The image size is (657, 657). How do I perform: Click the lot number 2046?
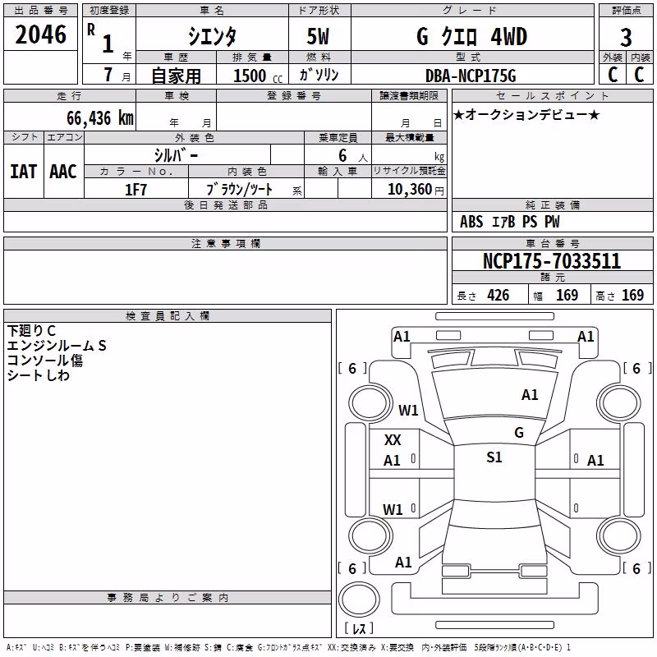[x=40, y=34]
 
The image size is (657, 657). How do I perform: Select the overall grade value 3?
[x=626, y=37]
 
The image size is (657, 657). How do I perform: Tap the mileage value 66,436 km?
[x=100, y=118]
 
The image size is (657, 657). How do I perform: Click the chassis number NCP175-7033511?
[x=552, y=260]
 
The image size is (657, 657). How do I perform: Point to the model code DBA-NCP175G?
[x=471, y=76]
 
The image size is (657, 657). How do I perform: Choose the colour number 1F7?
[x=136, y=190]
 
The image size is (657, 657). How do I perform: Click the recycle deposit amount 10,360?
[x=409, y=190]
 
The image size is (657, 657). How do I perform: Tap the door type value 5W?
[x=318, y=36]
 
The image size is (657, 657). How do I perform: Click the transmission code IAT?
[x=24, y=172]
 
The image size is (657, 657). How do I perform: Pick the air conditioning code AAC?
[x=63, y=172]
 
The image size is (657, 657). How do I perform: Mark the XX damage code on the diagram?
[x=393, y=440]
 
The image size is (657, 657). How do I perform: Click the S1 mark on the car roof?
[x=494, y=457]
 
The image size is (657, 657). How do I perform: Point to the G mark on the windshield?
[x=519, y=433]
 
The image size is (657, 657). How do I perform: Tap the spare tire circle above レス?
[x=359, y=599]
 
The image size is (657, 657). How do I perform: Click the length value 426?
[x=498, y=296]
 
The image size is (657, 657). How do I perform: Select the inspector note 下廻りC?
[x=31, y=331]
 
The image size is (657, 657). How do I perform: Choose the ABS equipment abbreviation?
[x=471, y=222]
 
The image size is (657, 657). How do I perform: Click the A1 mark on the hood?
[x=530, y=395]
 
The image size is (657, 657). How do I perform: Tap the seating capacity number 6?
[x=342, y=155]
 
